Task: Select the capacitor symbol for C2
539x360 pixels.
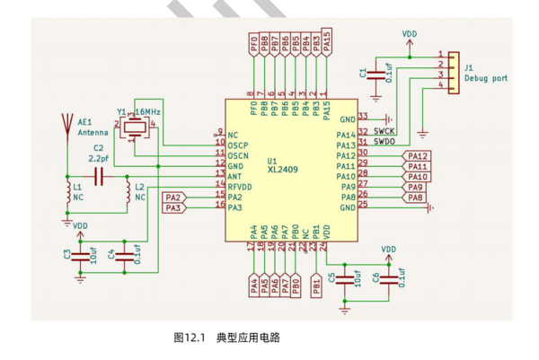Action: coord(99,177)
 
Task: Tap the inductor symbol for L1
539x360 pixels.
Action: coord(68,192)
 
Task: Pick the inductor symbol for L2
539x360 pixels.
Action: coord(128,192)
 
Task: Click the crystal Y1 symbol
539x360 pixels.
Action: coord(135,127)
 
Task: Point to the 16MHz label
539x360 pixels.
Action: coord(148,112)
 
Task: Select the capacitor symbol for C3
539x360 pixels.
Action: coord(80,257)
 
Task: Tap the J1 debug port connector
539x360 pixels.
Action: coord(454,73)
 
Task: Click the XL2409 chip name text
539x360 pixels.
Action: coord(283,170)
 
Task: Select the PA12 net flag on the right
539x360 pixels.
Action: coord(416,156)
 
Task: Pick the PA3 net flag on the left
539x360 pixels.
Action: coord(174,207)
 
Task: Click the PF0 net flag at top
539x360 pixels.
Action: coord(253,45)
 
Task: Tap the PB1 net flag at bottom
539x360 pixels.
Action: coord(316,285)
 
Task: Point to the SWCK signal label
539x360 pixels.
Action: coord(384,131)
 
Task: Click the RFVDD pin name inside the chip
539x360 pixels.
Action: coord(240,188)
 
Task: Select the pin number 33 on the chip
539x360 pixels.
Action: coord(363,116)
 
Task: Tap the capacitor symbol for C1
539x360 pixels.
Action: coord(376,75)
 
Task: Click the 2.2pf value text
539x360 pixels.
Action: coord(99,159)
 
